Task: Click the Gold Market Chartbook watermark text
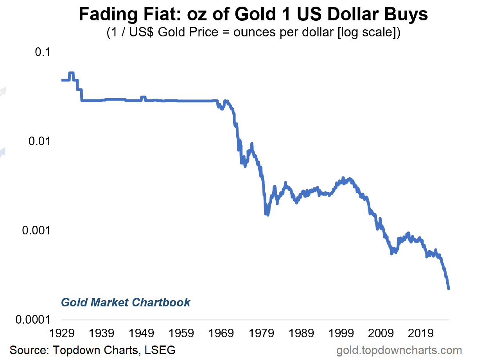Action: (126, 302)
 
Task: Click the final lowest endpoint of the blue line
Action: (449, 288)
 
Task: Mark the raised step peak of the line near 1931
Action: (71, 73)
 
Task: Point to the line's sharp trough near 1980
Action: (268, 214)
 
